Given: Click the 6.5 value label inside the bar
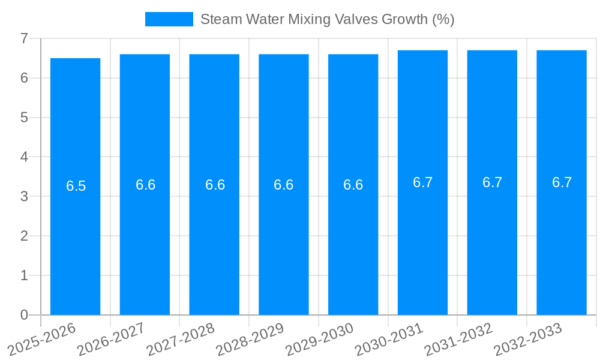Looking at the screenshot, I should [76, 186].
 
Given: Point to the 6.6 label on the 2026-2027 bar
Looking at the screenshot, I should [145, 185].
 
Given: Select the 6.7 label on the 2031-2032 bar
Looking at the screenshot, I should [492, 182].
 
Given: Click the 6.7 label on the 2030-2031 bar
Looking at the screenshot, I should [422, 182].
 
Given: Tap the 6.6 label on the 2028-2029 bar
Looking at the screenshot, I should [283, 185].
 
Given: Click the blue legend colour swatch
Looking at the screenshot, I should [169, 19].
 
